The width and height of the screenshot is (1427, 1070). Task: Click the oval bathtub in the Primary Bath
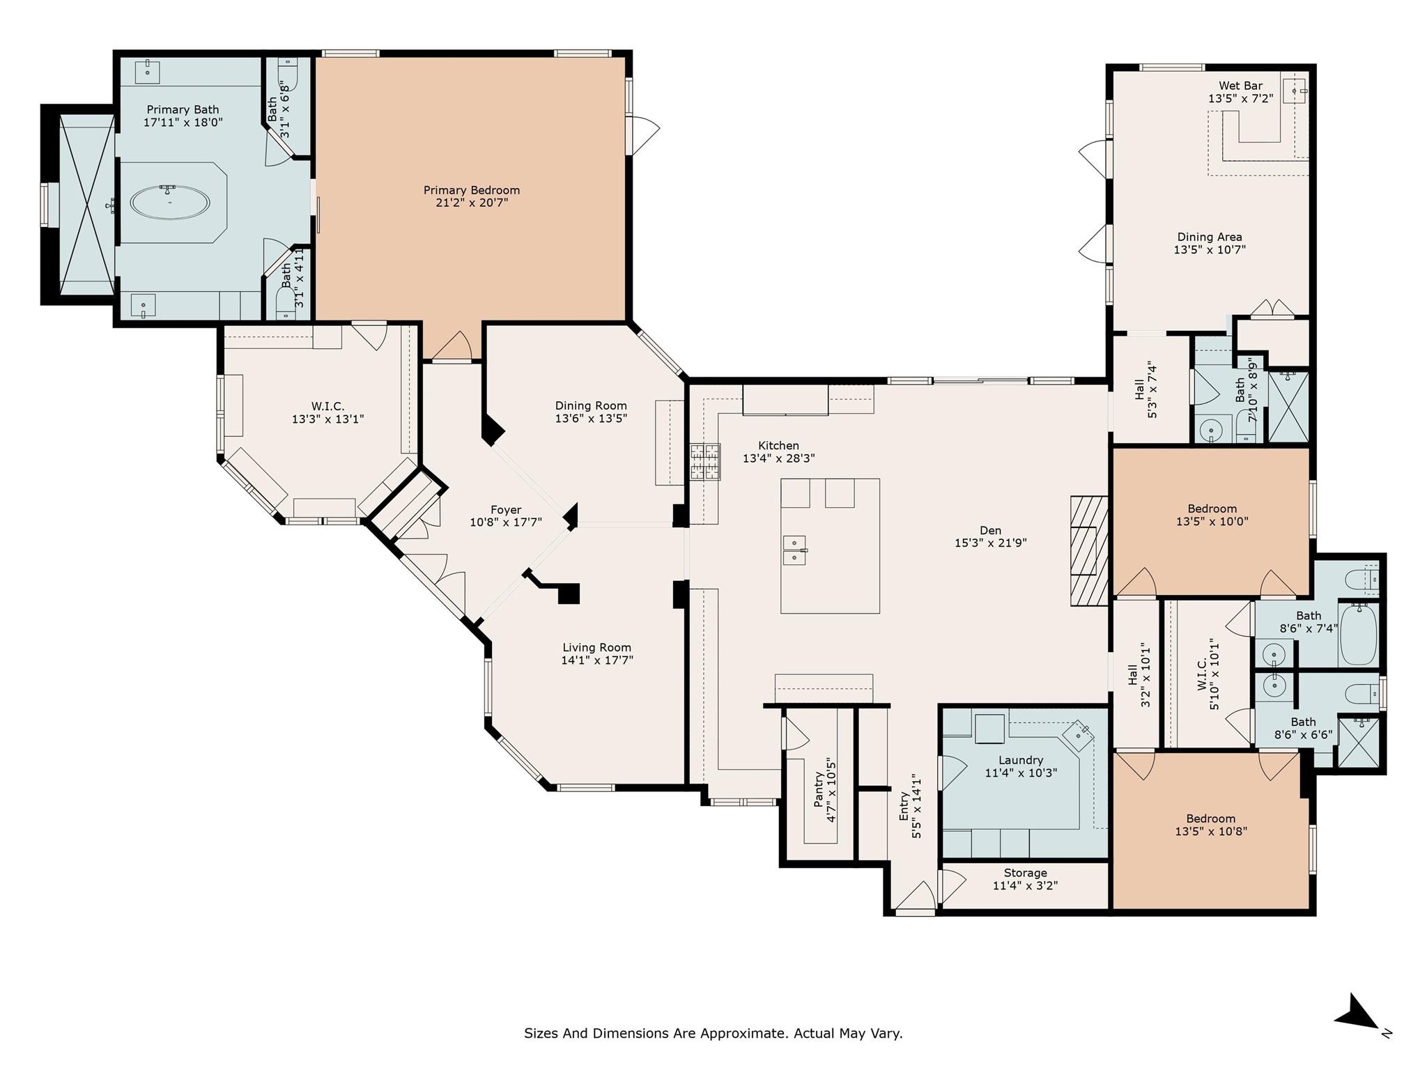[x=170, y=203]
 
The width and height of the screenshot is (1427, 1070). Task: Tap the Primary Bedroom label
[x=472, y=190]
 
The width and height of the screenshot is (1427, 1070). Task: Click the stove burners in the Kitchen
[x=705, y=462]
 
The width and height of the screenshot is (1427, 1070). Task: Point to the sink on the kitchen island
[x=794, y=550]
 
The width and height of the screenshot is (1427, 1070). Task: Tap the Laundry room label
[x=1021, y=760]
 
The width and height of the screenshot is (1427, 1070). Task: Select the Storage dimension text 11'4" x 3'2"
[x=1025, y=886]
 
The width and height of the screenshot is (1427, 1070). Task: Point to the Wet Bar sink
[x=1295, y=90]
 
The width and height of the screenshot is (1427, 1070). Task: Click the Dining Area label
[x=1210, y=237]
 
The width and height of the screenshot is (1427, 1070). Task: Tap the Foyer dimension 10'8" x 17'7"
[x=506, y=522]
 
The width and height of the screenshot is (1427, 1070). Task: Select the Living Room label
[x=597, y=647]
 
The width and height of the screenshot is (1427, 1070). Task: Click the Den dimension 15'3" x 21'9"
[x=990, y=543]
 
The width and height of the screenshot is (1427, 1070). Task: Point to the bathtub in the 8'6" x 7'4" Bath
[x=1358, y=635]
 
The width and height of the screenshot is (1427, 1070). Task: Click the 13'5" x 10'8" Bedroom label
[x=1211, y=819]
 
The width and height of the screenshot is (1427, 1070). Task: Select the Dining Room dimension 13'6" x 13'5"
[x=591, y=419]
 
